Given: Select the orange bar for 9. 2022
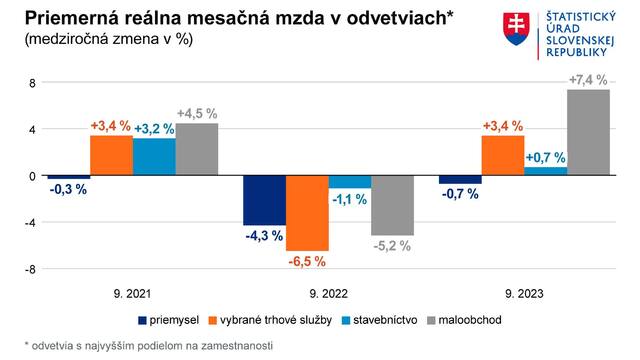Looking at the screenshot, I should click(307, 213).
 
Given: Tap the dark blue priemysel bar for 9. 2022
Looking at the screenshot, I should click(265, 200).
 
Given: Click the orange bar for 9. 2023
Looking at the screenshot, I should click(503, 156).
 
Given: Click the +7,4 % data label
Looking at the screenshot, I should click(588, 80).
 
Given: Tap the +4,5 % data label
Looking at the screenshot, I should click(197, 114).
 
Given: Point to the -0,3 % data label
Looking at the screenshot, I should click(68, 190).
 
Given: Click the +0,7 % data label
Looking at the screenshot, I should click(545, 157).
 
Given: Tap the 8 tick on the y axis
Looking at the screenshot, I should click(32, 83).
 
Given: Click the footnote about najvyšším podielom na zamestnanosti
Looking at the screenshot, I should click(148, 344).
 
